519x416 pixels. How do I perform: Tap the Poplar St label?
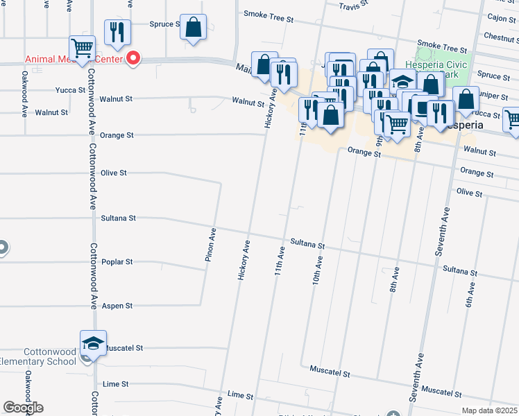[x=117, y=262]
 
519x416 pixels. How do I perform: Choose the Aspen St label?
[x=117, y=306]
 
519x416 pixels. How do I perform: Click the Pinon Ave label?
[x=210, y=245]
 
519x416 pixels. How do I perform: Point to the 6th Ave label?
[x=470, y=295]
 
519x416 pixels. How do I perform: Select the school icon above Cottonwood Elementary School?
[x=93, y=343]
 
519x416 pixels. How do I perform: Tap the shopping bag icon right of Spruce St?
[x=194, y=28]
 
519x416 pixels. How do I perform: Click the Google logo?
[x=23, y=408]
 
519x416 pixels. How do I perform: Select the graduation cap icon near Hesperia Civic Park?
[x=402, y=81]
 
